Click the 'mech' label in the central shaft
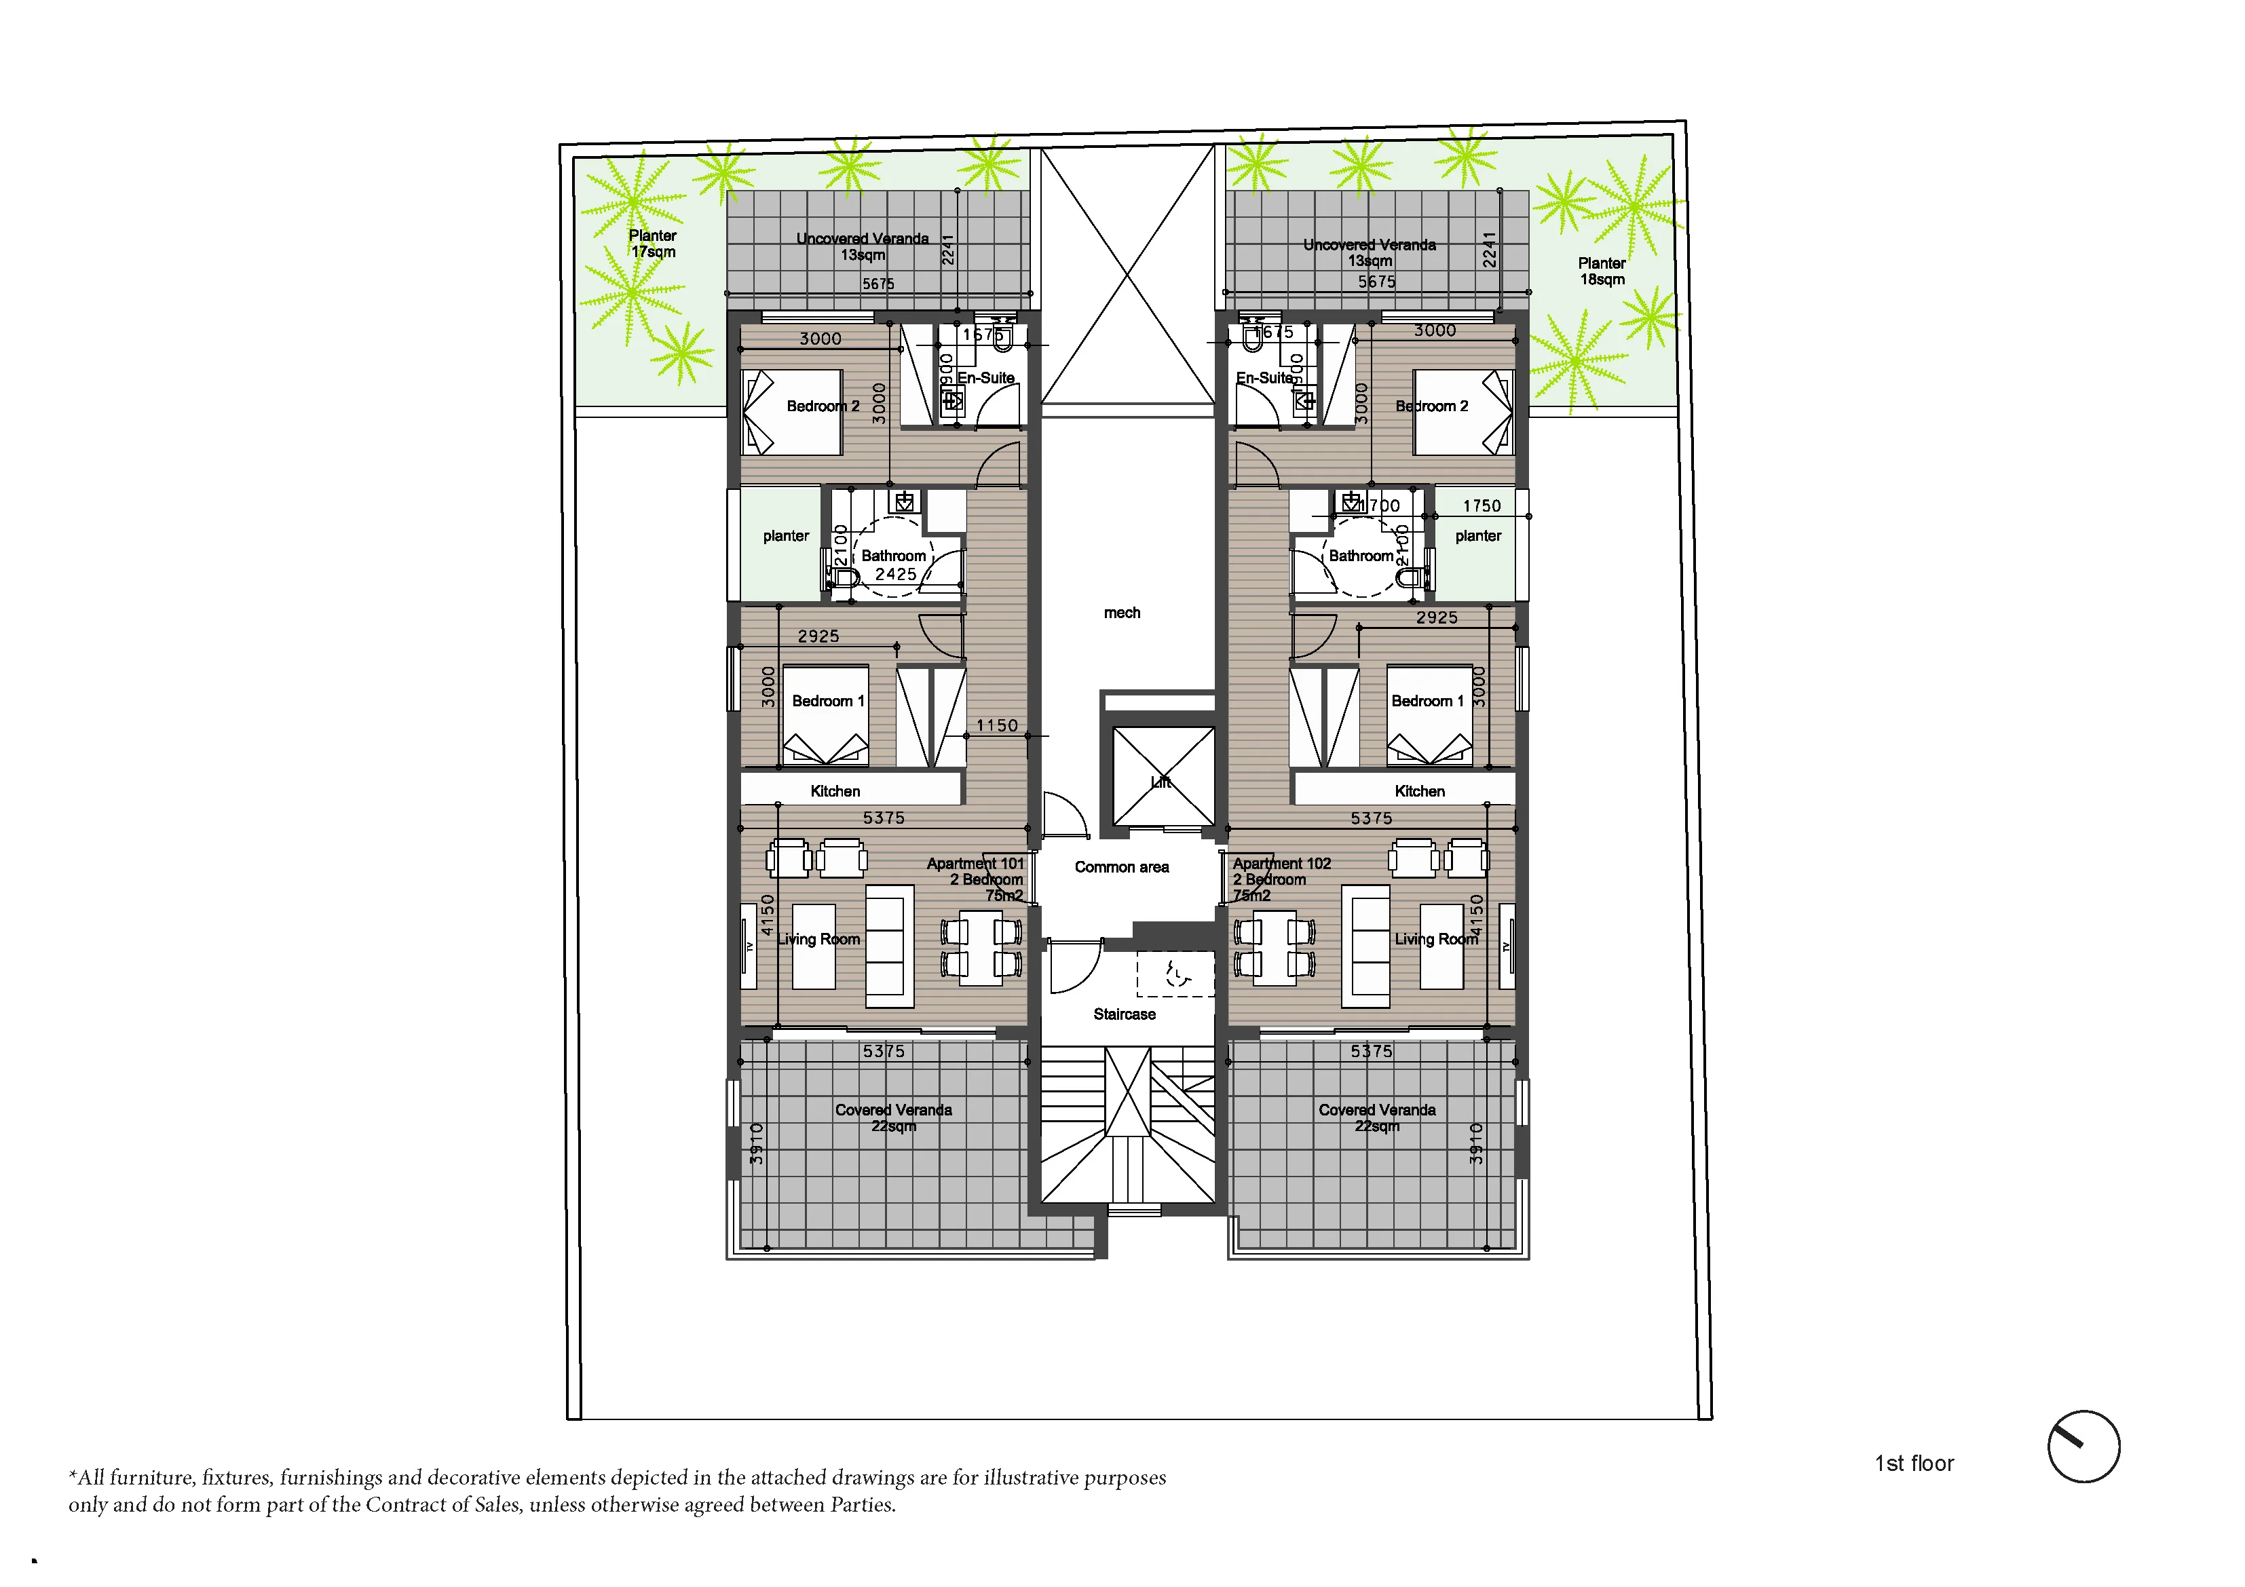pyautogui.click(x=1122, y=613)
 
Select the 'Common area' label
pyautogui.click(x=1122, y=867)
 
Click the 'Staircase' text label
pyautogui.click(x=1125, y=1014)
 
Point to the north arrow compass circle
pyautogui.click(x=2083, y=1447)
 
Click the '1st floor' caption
pyautogui.click(x=1914, y=1464)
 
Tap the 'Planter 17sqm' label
pyautogui.click(x=652, y=244)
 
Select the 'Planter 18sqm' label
pyautogui.click(x=1602, y=271)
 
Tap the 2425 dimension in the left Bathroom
pyautogui.click(x=896, y=574)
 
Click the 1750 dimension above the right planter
pyautogui.click(x=1482, y=505)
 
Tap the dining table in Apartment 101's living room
pyautogui.click(x=981, y=947)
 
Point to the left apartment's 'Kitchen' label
pyautogui.click(x=835, y=791)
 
